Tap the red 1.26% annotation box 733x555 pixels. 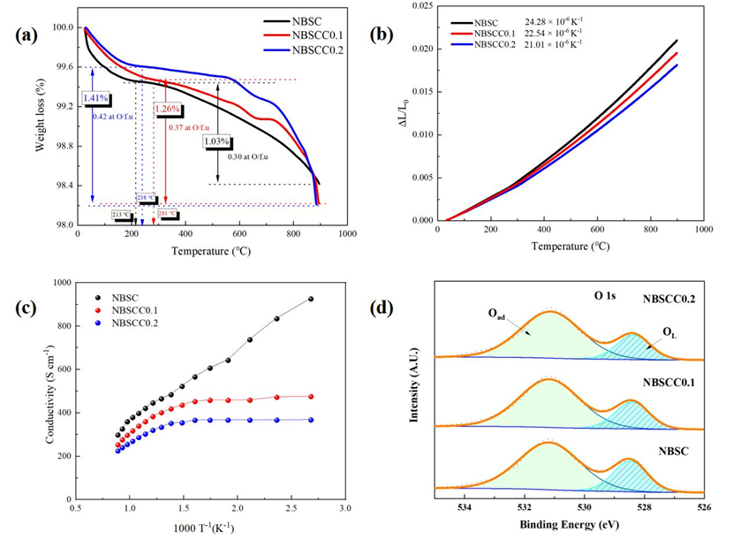click(168, 110)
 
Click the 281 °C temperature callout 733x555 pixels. click(168, 214)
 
